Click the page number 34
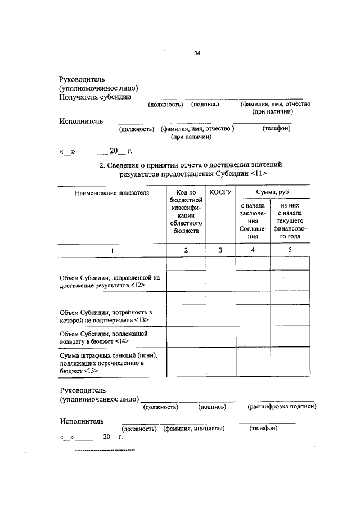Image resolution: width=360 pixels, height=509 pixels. click(196, 53)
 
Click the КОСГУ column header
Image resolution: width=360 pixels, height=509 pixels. click(220, 192)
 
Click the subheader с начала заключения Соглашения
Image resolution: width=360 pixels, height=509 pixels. click(253, 221)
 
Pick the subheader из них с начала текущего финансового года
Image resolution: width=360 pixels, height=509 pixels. click(291, 221)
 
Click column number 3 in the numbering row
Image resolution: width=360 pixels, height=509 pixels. click(220, 250)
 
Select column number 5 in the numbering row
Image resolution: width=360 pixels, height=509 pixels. click(290, 250)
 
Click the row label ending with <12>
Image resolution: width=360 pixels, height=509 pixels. click(110, 282)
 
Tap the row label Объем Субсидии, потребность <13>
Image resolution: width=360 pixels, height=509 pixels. click(106, 316)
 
